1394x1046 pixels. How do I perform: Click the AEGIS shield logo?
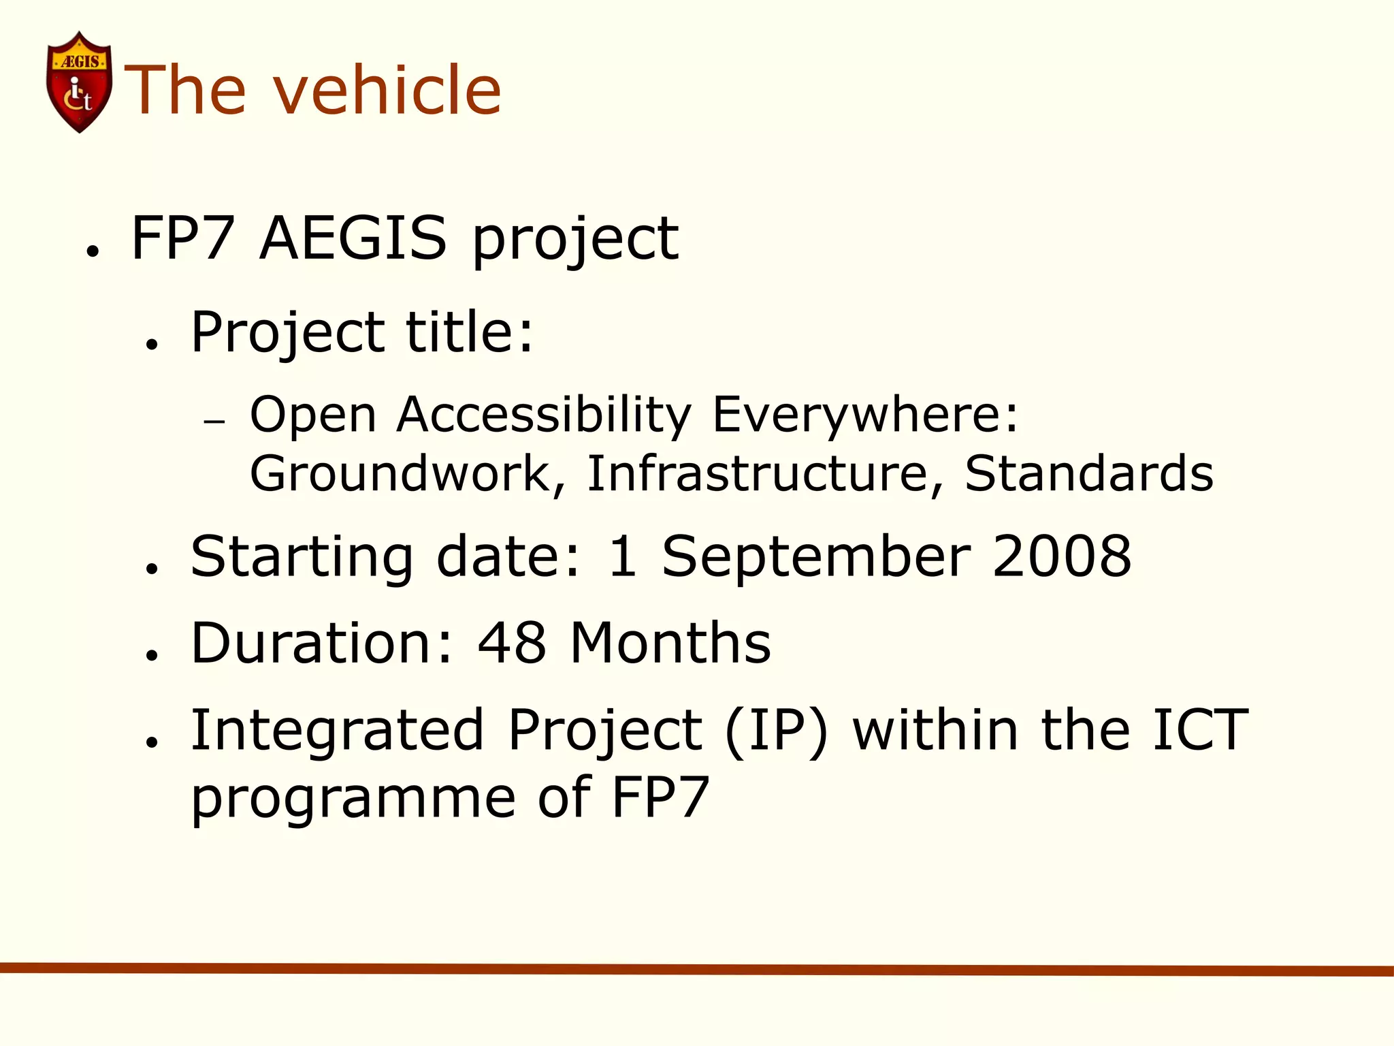pyautogui.click(x=79, y=82)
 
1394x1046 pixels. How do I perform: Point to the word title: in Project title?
pyautogui.click(x=470, y=332)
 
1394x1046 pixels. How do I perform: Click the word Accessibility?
pyautogui.click(x=545, y=415)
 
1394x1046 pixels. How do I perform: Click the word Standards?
pyautogui.click(x=1089, y=474)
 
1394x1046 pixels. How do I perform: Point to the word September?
pyautogui.click(x=817, y=558)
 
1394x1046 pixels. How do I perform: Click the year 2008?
pyautogui.click(x=1062, y=556)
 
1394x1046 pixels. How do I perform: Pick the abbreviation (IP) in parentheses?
pyautogui.click(x=777, y=731)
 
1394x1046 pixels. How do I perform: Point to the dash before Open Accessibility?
pyautogui.click(x=214, y=422)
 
